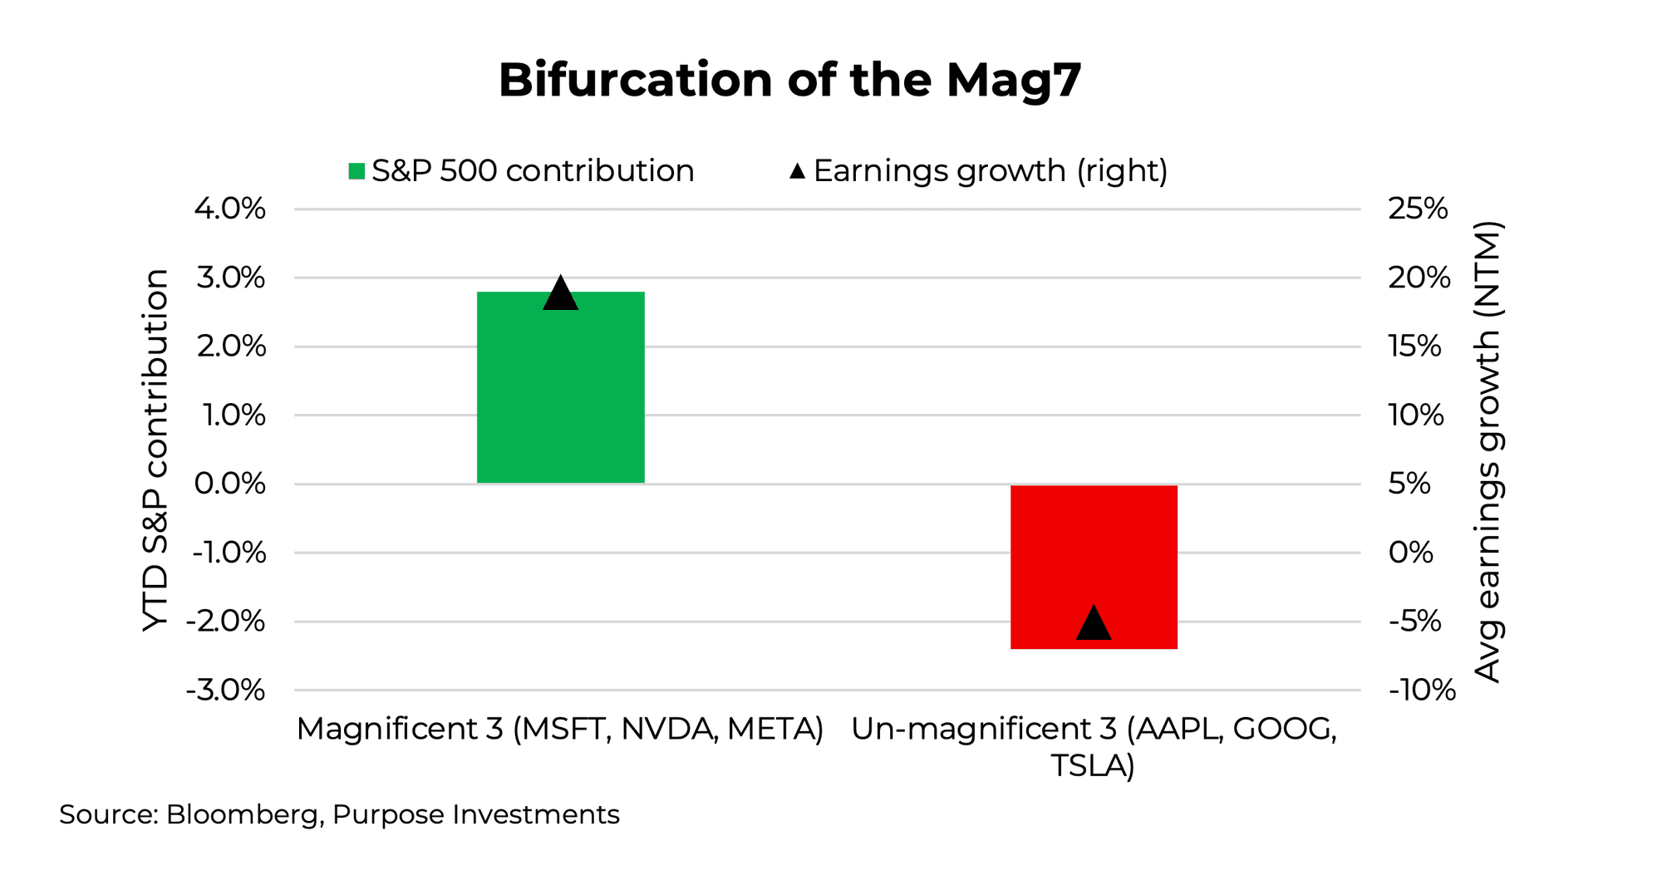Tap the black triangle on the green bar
[560, 294]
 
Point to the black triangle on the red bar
[1094, 624]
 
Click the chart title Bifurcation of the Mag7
[789, 81]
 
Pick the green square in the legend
[356, 171]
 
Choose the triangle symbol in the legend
[798, 171]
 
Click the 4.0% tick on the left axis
[230, 209]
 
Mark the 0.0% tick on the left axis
[230, 484]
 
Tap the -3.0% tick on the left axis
[226, 691]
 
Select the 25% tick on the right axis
[1418, 209]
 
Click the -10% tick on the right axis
[1422, 691]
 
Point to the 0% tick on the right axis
[1411, 553]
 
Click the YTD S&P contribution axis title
[155, 450]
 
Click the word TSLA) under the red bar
[1093, 765]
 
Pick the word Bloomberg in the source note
[242, 814]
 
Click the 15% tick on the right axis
[1415, 347]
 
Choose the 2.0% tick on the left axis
[231, 347]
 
